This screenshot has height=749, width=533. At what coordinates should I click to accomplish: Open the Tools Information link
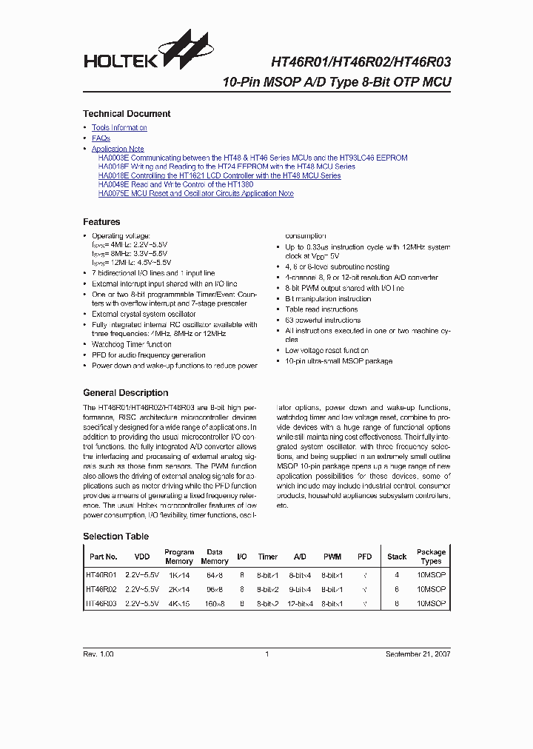tap(119, 128)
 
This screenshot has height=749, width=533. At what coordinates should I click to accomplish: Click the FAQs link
tap(101, 138)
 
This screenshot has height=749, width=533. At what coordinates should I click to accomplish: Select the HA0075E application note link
tap(195, 194)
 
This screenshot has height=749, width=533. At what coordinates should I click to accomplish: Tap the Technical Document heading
tap(127, 114)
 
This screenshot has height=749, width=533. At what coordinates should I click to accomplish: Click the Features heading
tap(101, 222)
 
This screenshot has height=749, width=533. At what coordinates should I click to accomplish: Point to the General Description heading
tap(125, 393)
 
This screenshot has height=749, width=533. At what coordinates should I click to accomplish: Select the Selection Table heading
tap(115, 537)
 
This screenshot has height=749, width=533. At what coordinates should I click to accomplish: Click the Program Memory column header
tap(179, 557)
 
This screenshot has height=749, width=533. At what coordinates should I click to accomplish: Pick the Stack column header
tap(397, 557)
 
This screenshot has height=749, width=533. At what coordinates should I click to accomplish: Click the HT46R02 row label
tap(102, 589)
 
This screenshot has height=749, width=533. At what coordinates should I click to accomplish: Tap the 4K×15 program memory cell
tap(178, 604)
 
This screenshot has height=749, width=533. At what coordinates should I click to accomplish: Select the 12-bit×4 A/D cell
tap(300, 604)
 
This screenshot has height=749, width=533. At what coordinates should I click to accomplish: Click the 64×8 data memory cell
tap(214, 574)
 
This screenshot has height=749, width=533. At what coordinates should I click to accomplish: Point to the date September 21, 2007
tap(418, 654)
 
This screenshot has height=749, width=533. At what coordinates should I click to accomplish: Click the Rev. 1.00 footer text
tap(98, 654)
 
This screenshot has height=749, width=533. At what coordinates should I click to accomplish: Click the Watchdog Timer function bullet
tap(132, 345)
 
